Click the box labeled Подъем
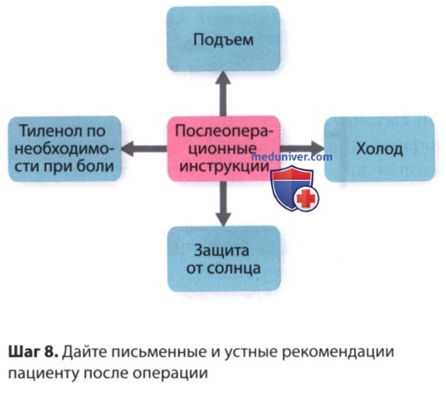tap(223, 39)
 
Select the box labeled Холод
tap(379, 149)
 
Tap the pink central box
tap(224, 149)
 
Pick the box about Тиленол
tap(64, 149)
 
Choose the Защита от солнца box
tap(224, 259)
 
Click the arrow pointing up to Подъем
tap(223, 94)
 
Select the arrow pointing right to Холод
tap(302, 149)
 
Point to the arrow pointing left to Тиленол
tap(145, 149)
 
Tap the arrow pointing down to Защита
tap(224, 204)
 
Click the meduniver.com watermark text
tap(292, 157)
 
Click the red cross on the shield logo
tap(306, 198)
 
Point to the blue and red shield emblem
tap(294, 188)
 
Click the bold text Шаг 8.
tap(33, 352)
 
